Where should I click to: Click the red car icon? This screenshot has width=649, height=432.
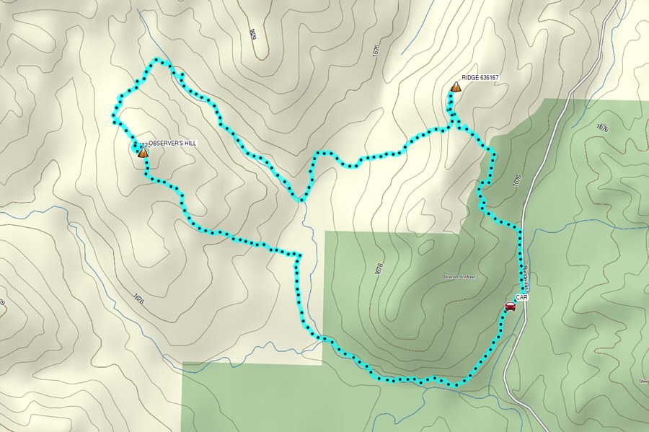click(x=510, y=307)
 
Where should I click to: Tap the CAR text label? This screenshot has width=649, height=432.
click(x=522, y=297)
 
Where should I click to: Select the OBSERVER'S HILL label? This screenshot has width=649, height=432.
click(x=172, y=144)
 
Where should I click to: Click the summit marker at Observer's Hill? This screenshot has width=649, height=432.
click(x=143, y=152)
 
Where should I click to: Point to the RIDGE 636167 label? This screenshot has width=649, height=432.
click(x=480, y=78)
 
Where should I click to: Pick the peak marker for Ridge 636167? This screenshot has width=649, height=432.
click(x=456, y=87)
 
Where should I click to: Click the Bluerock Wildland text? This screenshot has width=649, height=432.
click(x=459, y=277)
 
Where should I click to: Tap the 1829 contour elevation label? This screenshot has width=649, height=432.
click(x=253, y=33)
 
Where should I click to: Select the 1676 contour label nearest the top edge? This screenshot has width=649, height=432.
click(x=376, y=51)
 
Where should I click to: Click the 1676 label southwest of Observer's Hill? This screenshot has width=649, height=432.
click(x=138, y=297)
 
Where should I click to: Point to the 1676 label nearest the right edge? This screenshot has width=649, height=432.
click(x=602, y=128)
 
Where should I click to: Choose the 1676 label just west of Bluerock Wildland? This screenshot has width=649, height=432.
click(x=379, y=268)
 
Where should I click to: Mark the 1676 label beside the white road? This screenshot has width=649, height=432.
click(x=516, y=180)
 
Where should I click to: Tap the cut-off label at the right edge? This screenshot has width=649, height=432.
click(x=643, y=381)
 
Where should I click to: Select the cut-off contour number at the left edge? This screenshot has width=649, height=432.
click(x=2, y=303)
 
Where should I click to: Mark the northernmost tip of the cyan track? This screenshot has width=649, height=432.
click(x=156, y=61)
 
